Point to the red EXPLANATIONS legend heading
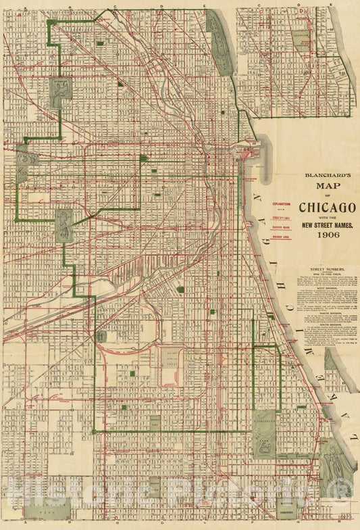coord(282,203)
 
